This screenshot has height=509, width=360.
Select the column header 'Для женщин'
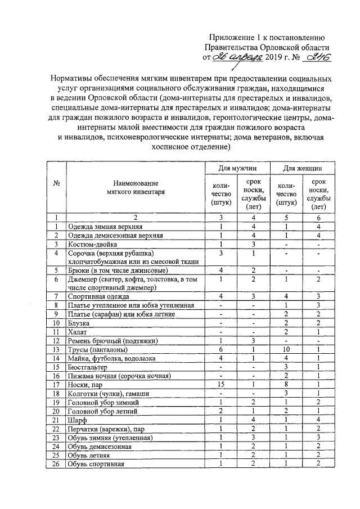(302, 168)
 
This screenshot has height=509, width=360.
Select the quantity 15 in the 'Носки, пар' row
(221, 384)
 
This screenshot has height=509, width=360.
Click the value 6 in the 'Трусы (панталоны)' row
(221, 349)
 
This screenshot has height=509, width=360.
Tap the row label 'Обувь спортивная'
(96, 465)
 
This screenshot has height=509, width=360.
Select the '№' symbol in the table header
(56, 184)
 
